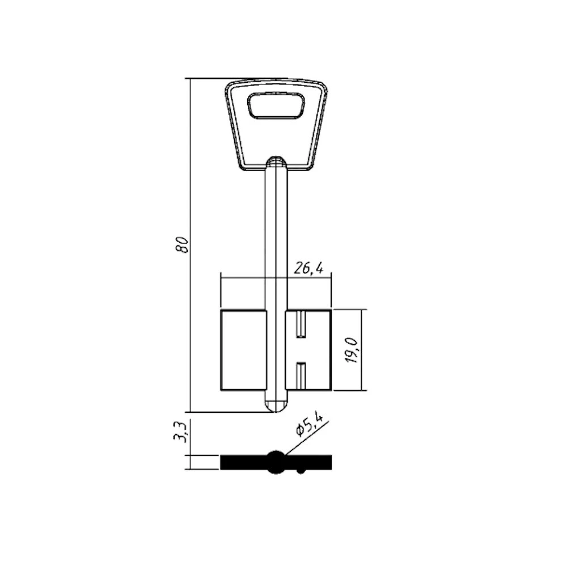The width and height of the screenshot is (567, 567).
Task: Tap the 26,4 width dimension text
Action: [308, 268]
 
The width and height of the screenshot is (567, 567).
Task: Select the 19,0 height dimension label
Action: [352, 350]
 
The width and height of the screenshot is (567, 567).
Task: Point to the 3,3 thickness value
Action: [180, 431]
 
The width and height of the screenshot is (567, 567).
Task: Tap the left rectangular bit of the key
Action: [243, 350]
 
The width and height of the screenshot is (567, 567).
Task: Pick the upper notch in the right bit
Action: [301, 324]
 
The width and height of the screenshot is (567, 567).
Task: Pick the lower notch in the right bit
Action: [301, 376]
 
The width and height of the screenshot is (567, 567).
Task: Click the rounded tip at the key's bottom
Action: [276, 407]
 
